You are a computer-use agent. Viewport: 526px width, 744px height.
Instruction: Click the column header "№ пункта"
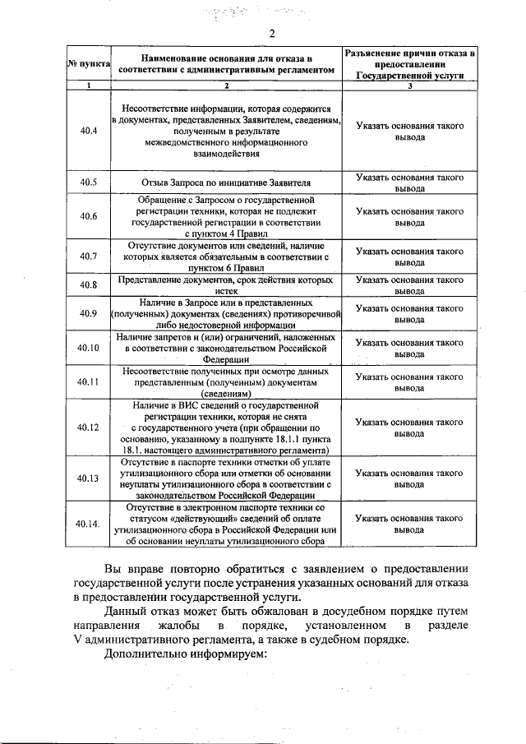tap(84, 64)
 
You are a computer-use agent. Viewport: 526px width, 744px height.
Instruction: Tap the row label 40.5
tap(89, 183)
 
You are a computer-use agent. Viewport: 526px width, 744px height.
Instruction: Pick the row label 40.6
tap(89, 216)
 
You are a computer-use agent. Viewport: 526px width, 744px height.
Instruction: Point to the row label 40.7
tap(89, 256)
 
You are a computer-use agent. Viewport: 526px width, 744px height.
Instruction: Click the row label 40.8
tap(89, 285)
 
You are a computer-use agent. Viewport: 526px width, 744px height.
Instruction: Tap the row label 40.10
tap(89, 348)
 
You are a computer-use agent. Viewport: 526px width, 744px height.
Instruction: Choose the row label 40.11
tap(89, 381)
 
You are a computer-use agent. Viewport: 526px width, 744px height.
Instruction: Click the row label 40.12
tap(89, 427)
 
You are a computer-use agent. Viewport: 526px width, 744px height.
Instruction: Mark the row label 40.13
tap(89, 478)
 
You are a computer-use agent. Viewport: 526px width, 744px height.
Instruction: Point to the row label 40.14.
tap(89, 524)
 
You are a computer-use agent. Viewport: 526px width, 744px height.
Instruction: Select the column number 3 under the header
tap(409, 85)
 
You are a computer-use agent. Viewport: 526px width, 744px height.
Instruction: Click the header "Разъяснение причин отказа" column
tap(409, 63)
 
